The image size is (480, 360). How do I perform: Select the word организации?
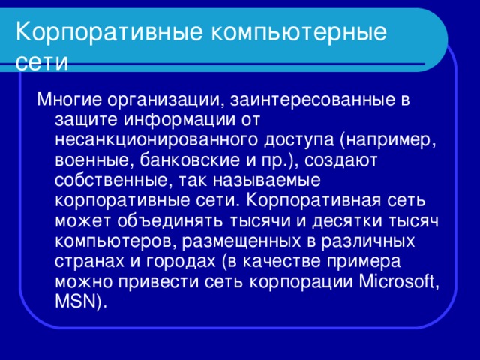tap(160, 99)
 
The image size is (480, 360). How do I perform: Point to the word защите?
tap(86, 119)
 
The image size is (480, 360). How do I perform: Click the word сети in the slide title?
tap(43, 61)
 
